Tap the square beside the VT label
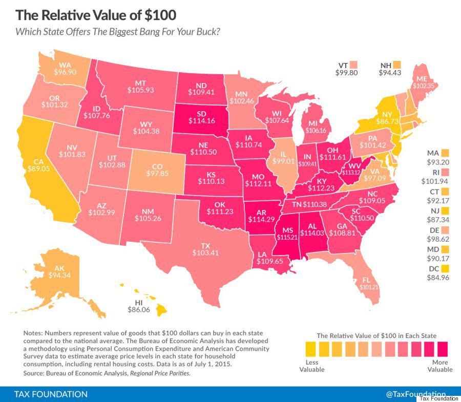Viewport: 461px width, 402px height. point(353,65)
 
